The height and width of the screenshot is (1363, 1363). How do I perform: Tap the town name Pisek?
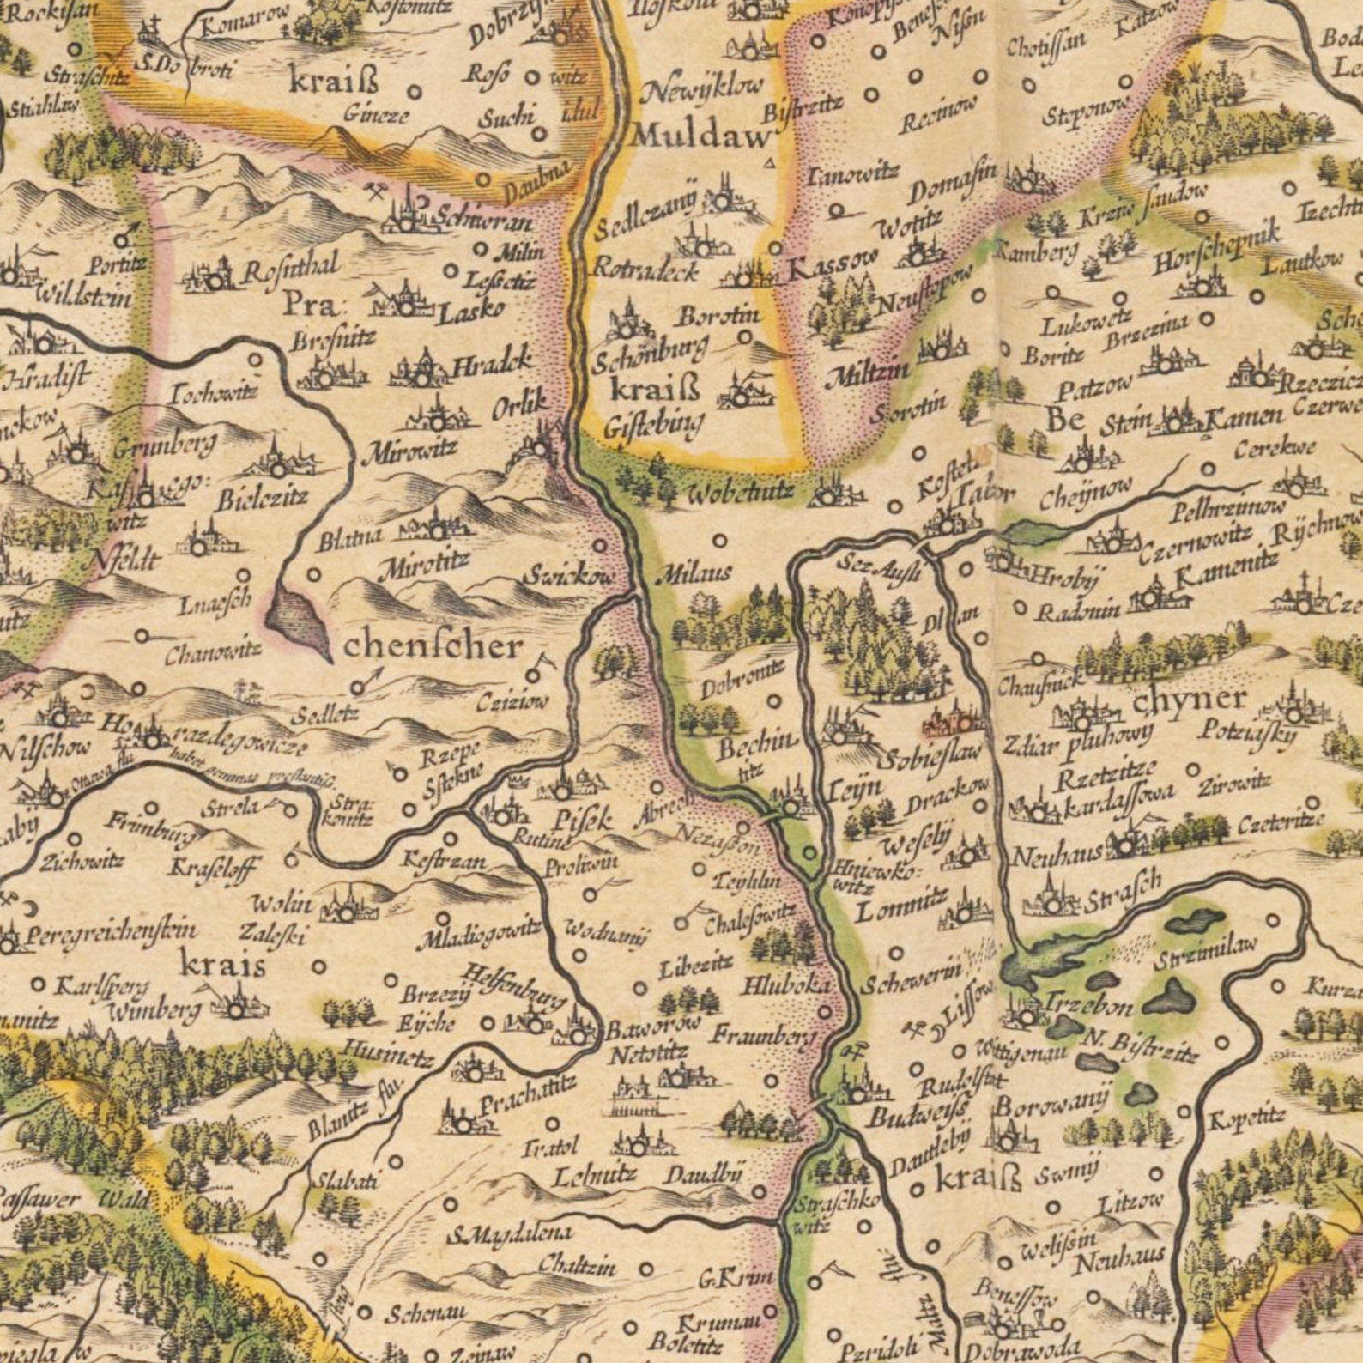[583, 820]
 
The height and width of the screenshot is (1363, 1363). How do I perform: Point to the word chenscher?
[433, 646]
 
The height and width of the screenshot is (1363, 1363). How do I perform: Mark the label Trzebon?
[1089, 1004]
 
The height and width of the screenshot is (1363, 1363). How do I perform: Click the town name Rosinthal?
[291, 270]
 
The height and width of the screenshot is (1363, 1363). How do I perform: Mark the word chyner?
[1189, 700]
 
